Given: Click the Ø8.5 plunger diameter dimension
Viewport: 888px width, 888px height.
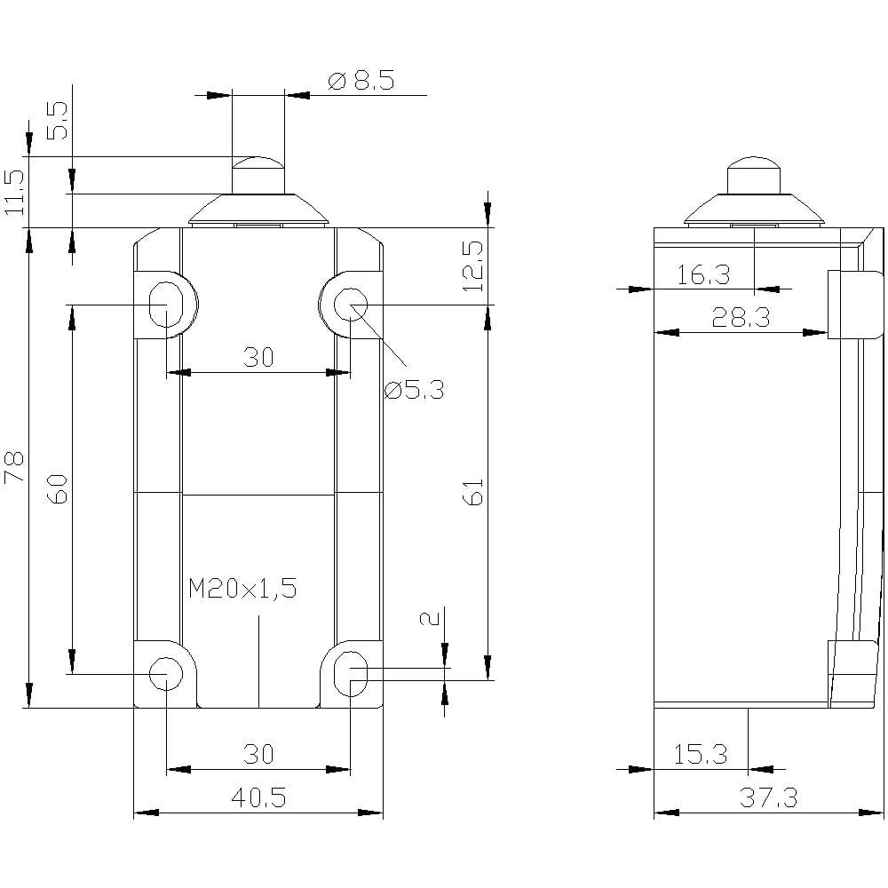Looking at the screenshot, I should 361,82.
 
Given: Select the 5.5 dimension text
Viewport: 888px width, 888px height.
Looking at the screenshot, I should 57,119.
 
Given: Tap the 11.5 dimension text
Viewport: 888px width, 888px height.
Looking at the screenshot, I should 13,191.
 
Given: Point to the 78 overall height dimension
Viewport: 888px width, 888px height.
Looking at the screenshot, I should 15,467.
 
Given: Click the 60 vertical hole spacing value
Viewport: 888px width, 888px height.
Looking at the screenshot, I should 57,489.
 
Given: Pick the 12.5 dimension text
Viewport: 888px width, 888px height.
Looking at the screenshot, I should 472,266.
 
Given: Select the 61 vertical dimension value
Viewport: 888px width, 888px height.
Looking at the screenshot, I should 472,491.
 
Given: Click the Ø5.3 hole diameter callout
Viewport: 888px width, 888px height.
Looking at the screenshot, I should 414,388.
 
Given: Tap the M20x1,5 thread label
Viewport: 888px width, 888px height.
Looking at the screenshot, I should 242,588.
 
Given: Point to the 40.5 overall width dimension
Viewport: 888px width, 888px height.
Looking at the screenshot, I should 258,798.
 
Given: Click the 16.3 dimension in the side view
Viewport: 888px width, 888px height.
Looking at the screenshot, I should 703,275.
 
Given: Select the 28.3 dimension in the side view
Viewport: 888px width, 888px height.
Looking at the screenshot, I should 741,318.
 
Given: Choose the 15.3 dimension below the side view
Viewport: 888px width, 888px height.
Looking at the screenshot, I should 701,755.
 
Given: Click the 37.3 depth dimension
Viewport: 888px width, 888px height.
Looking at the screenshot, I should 768,798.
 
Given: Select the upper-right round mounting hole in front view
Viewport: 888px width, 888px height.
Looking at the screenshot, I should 350,305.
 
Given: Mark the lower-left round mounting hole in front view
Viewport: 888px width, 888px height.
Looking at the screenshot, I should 165,673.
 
